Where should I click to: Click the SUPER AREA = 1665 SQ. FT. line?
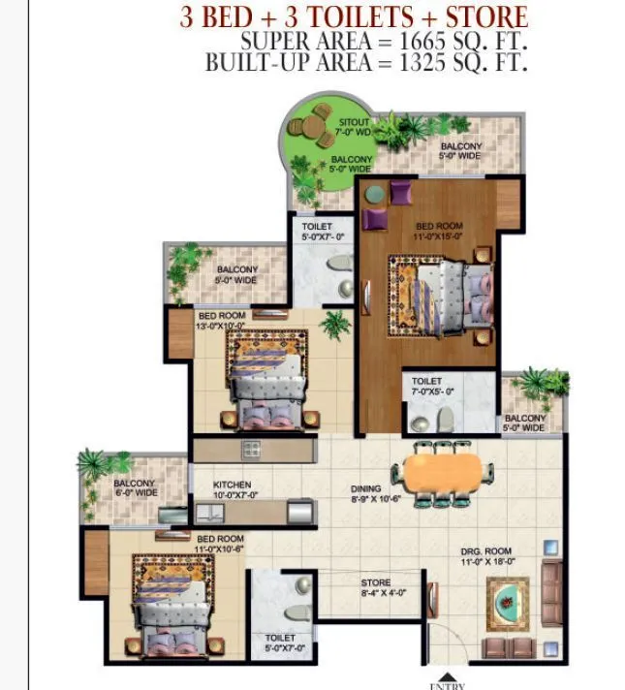coord(384,42)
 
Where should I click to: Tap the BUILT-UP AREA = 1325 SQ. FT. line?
coord(366,63)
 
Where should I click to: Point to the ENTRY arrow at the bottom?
coord(447,677)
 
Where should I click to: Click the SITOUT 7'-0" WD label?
coord(353,126)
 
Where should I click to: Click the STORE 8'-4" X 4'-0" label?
coord(376,588)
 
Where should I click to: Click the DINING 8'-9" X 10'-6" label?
coord(373,495)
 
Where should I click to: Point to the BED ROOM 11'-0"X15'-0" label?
coord(425,232)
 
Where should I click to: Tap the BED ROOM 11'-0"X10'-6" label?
coord(219,544)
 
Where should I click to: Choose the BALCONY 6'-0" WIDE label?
coord(135,488)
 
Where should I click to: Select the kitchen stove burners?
coord(251,448)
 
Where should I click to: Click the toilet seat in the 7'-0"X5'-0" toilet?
coord(446,419)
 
